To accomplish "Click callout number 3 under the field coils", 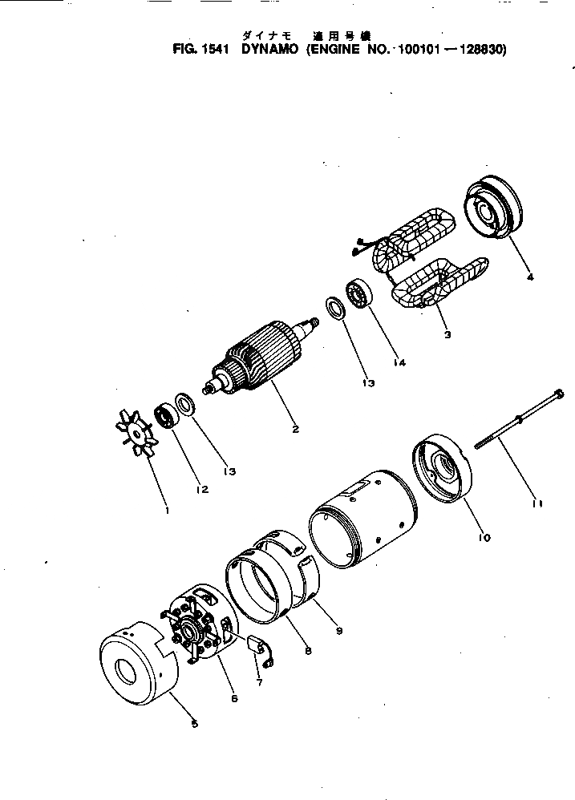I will click(447, 335).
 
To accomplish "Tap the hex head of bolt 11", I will click(556, 394).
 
